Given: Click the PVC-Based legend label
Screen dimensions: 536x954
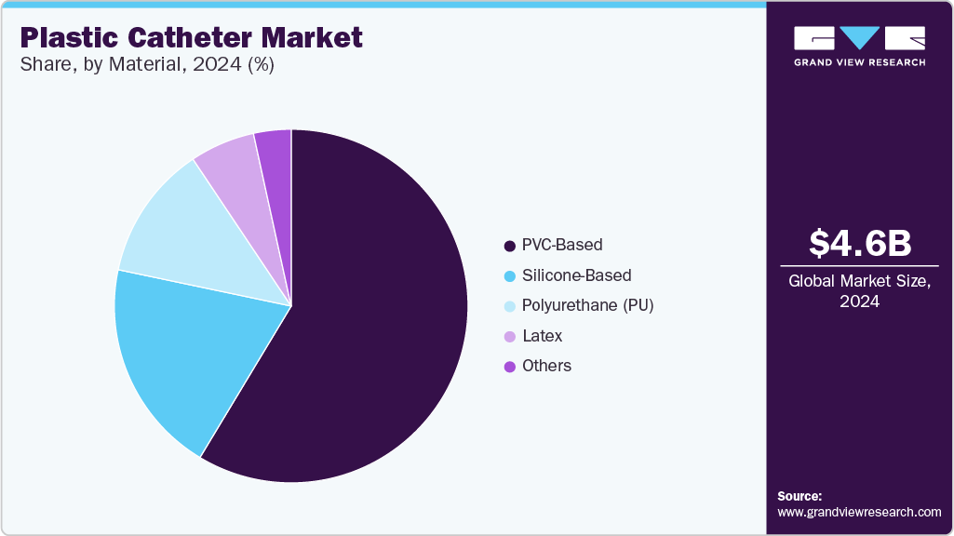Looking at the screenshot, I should point(562,245).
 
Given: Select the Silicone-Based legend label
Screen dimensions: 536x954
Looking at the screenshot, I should point(576,275).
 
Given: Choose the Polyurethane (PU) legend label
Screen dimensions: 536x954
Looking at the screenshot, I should point(587,305).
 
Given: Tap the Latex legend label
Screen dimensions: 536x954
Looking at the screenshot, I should point(542,336).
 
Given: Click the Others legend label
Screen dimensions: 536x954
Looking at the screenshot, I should point(546,366).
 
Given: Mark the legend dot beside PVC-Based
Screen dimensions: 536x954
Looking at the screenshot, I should point(509,246).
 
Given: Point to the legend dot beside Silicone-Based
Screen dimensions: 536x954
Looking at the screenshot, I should point(509,276).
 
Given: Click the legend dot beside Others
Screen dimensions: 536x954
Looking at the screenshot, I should point(509,367).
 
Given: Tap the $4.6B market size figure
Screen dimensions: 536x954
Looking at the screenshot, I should point(859,243).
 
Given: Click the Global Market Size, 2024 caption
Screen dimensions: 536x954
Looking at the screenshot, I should point(859,290).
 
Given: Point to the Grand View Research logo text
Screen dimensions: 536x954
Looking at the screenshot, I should point(859,62).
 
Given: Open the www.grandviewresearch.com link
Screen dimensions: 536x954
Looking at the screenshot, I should point(859,512).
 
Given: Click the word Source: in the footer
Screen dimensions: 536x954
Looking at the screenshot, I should point(799,496).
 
